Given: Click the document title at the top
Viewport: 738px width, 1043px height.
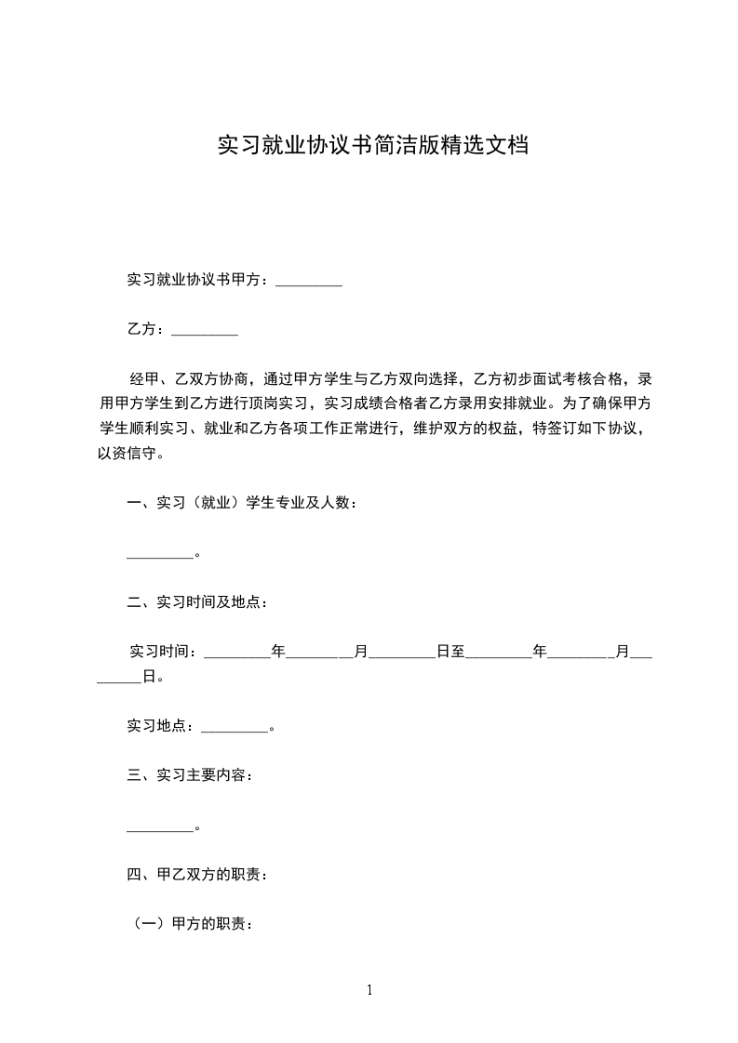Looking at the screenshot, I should pos(373,146).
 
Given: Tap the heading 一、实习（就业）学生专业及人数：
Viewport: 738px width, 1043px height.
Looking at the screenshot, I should pos(242,503).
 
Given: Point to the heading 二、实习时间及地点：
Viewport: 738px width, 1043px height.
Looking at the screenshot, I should pos(197,602).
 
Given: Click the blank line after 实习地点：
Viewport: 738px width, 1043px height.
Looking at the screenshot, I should pos(234,727).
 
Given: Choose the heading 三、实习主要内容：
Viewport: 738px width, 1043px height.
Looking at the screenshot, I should pos(190,774).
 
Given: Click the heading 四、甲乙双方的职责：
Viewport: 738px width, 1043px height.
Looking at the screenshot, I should pos(197,874).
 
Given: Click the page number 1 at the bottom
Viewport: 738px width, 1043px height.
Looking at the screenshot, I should pos(369,990).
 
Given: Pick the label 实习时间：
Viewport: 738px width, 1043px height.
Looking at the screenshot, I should pos(164,652).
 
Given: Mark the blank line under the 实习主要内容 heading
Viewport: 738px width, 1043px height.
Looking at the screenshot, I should pos(159,826).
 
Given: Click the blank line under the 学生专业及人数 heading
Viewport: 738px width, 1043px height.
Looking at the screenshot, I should pos(159,555).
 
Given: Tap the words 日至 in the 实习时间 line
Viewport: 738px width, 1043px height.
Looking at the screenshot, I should pos(450,652).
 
